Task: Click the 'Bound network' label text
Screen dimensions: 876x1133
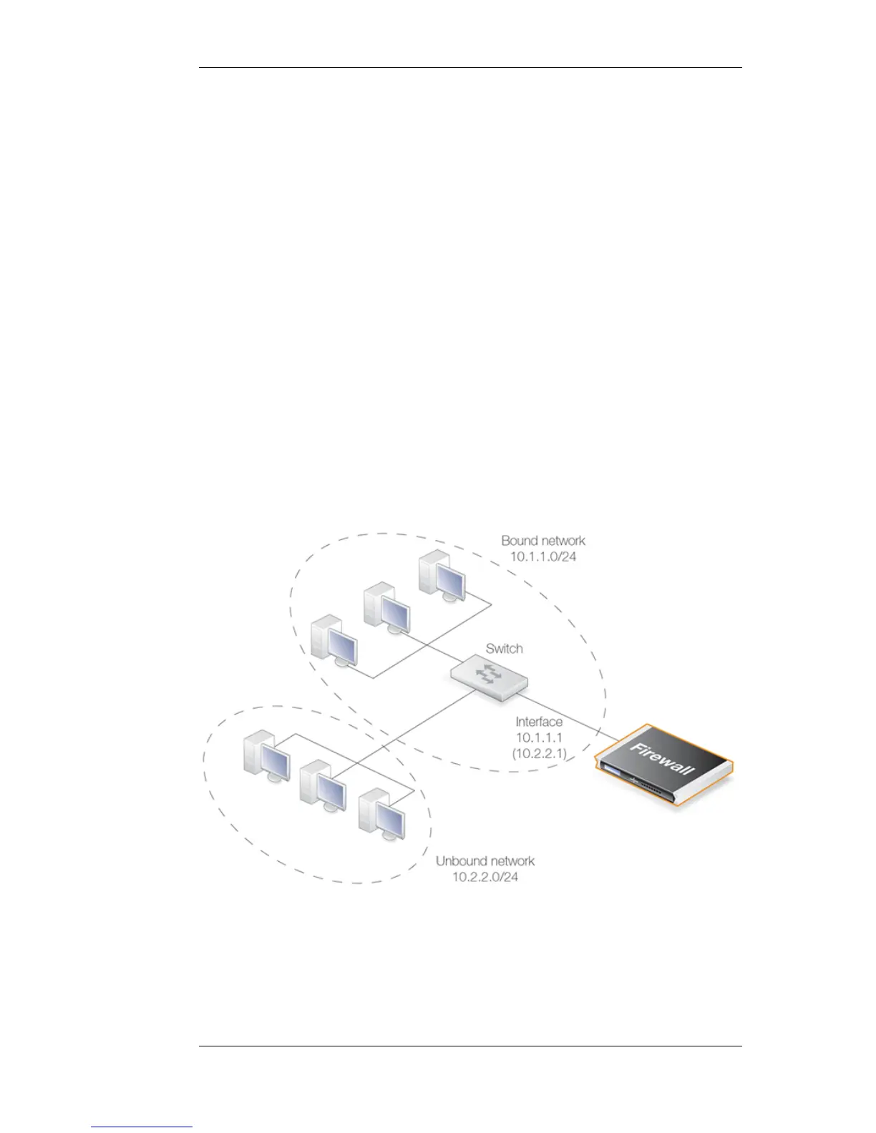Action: pyautogui.click(x=542, y=541)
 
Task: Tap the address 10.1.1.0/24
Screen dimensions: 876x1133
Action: pyautogui.click(x=542, y=556)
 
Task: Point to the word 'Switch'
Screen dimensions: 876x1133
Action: pyautogui.click(x=504, y=649)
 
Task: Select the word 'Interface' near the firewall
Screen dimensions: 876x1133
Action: pyautogui.click(x=539, y=722)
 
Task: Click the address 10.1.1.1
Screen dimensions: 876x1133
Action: pyautogui.click(x=539, y=737)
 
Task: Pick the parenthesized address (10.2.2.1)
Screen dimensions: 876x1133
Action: pyautogui.click(x=539, y=753)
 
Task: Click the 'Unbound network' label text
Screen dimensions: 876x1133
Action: pyautogui.click(x=485, y=861)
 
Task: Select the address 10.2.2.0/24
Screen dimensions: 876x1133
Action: pyautogui.click(x=485, y=876)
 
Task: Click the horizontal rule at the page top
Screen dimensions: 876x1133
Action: pyautogui.click(x=470, y=69)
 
